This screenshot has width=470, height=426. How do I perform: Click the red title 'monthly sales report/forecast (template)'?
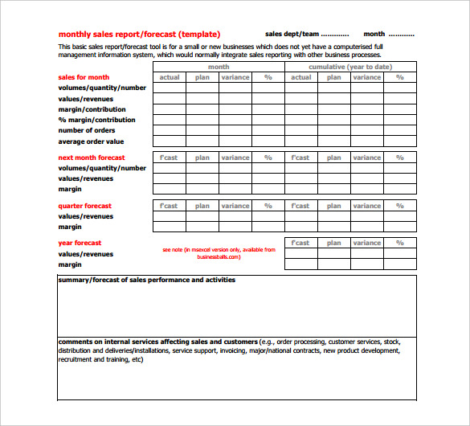coord(138,34)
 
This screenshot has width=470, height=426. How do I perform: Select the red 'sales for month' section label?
coord(84,77)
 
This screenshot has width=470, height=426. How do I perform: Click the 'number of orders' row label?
coord(87,130)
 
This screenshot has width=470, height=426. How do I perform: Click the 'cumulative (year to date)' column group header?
coord(350,67)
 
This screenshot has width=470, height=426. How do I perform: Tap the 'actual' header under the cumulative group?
coord(300,77)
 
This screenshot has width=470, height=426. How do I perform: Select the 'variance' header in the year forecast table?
coord(367,243)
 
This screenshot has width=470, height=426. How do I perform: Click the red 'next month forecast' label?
coord(92,158)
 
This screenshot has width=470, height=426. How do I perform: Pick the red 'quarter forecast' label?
coord(85,206)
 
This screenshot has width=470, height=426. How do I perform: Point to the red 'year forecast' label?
coord(80,243)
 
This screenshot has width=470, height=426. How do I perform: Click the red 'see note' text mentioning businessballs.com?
coord(219,252)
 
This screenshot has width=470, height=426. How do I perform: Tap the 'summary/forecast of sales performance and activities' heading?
coord(146,280)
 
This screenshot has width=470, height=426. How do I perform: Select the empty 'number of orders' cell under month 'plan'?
coord(202,130)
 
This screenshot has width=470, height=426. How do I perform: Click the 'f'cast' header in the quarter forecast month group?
coord(169,206)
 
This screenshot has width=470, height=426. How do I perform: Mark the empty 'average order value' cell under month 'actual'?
coord(170,141)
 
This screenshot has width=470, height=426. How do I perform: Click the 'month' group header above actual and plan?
coord(219,67)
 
